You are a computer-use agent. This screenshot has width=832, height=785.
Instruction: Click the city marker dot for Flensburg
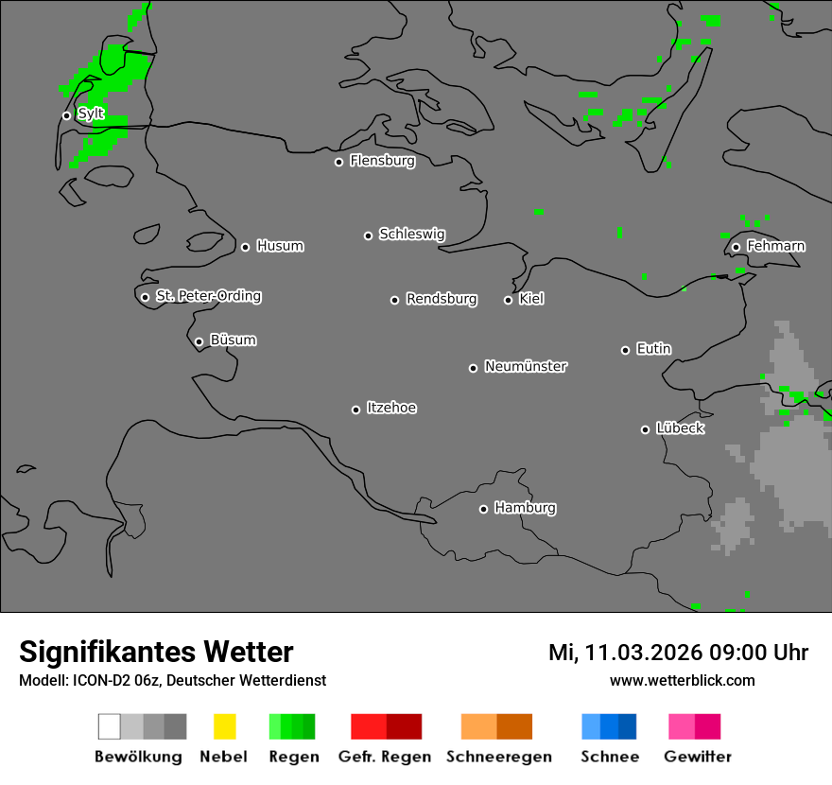(x=338, y=162)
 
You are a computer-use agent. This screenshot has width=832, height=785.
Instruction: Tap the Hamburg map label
(x=525, y=508)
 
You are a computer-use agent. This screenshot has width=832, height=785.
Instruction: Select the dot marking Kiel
(x=508, y=300)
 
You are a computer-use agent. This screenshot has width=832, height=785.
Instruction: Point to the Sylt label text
(x=91, y=113)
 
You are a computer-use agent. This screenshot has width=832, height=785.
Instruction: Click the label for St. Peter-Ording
(x=208, y=296)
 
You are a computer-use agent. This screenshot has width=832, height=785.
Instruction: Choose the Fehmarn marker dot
(x=736, y=247)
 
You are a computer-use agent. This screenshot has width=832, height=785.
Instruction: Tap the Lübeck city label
(x=680, y=428)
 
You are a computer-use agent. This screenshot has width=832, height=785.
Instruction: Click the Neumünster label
(x=526, y=366)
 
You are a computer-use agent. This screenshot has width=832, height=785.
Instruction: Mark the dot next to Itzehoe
(x=355, y=410)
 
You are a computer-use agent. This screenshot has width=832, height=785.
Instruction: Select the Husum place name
(x=280, y=246)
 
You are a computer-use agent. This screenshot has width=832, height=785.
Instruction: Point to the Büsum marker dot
(x=199, y=341)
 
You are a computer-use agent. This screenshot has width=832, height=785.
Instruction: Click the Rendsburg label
(x=442, y=299)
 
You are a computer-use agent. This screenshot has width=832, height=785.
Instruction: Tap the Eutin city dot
(x=625, y=350)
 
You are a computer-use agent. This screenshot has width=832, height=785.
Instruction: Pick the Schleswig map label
(x=412, y=234)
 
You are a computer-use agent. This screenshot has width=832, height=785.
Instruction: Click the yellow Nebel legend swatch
(x=224, y=726)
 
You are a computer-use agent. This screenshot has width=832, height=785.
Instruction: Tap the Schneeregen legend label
(x=499, y=757)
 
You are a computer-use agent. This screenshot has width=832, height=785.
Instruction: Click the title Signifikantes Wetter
(x=156, y=652)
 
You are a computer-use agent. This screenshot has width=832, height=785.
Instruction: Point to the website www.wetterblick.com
(x=682, y=680)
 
